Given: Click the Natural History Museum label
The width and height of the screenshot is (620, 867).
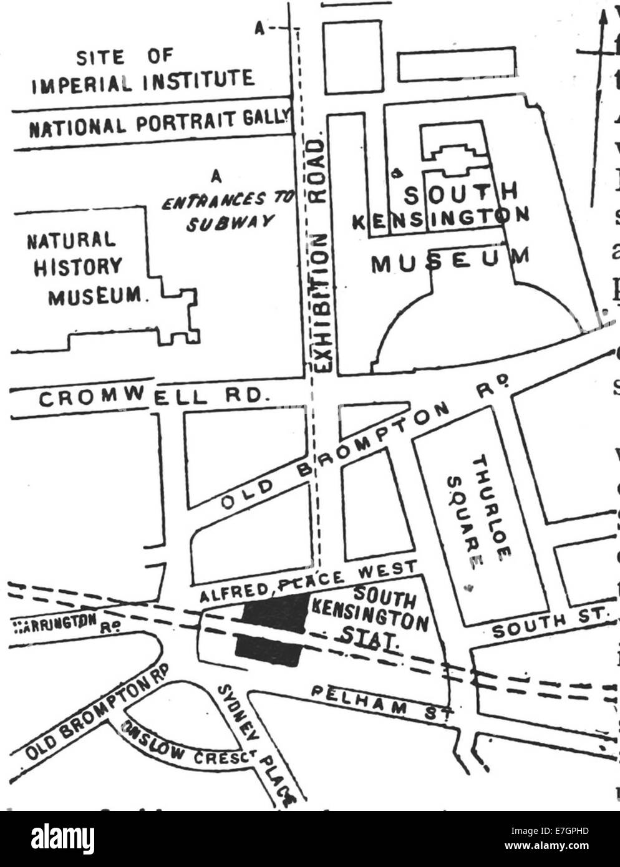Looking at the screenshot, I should coord(85,268).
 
